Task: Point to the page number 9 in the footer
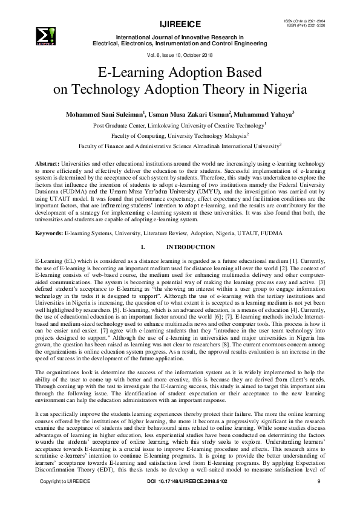(318, 498)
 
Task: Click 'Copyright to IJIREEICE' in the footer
(64, 498)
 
